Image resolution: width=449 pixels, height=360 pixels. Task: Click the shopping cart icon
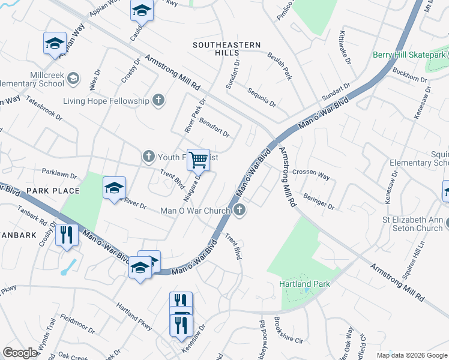coord(198,160)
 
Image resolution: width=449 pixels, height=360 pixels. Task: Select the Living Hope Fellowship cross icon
coord(158,100)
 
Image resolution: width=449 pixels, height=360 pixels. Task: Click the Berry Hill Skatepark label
coord(409,55)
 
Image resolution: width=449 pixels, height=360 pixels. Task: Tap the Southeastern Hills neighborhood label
coord(226,49)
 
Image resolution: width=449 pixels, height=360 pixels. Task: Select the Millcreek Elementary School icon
coord(73,78)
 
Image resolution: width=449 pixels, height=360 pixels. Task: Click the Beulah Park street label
coord(280,68)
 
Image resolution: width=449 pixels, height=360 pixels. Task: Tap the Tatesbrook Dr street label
coord(43,107)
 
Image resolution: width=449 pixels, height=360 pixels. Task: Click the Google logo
coord(20,352)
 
